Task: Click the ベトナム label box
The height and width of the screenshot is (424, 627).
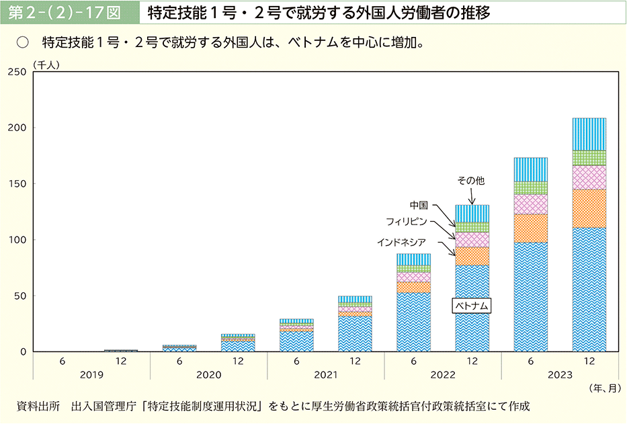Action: (472, 306)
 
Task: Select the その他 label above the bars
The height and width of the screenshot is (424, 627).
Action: (470, 181)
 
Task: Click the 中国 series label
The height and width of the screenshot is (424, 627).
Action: (419, 204)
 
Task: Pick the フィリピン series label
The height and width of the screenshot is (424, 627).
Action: (406, 221)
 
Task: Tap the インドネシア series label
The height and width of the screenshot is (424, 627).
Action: (401, 241)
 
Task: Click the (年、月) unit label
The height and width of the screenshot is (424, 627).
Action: (602, 388)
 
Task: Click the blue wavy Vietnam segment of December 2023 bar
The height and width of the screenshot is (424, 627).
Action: (589, 289)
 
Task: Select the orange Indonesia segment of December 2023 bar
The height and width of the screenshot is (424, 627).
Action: (589, 208)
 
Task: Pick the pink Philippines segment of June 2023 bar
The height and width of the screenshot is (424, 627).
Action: (530, 204)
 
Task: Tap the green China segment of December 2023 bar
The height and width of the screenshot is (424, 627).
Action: (589, 158)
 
